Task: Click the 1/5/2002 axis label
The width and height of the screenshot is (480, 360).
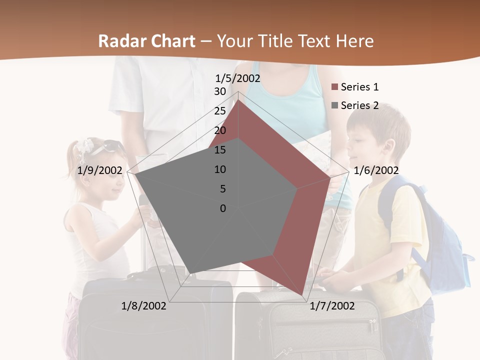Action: [238, 78]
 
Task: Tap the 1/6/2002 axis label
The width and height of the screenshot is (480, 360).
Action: [376, 170]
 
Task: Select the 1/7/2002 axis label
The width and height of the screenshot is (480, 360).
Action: [332, 305]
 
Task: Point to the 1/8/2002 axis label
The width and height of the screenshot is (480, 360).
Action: [144, 305]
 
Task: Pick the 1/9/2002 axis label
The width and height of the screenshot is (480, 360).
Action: [100, 170]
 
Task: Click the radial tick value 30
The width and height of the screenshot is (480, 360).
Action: [220, 91]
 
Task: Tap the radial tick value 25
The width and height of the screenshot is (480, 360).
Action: [220, 111]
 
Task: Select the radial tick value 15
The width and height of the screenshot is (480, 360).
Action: [220, 150]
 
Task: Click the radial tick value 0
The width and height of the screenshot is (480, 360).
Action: [223, 208]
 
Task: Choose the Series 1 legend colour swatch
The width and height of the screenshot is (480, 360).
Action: [335, 87]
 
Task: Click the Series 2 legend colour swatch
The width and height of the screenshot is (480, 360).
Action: [335, 106]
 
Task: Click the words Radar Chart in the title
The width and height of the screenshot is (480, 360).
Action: [146, 41]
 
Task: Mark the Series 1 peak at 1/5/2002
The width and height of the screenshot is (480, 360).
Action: [238, 100]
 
